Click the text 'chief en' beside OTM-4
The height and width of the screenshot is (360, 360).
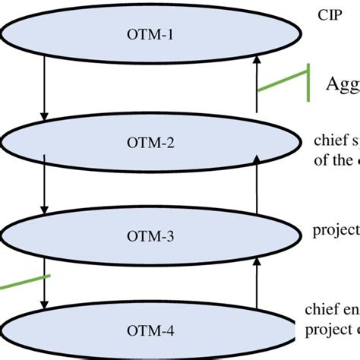pyautogui.click(x=332, y=309)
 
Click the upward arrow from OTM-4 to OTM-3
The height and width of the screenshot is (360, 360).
pyautogui.click(x=257, y=284)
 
